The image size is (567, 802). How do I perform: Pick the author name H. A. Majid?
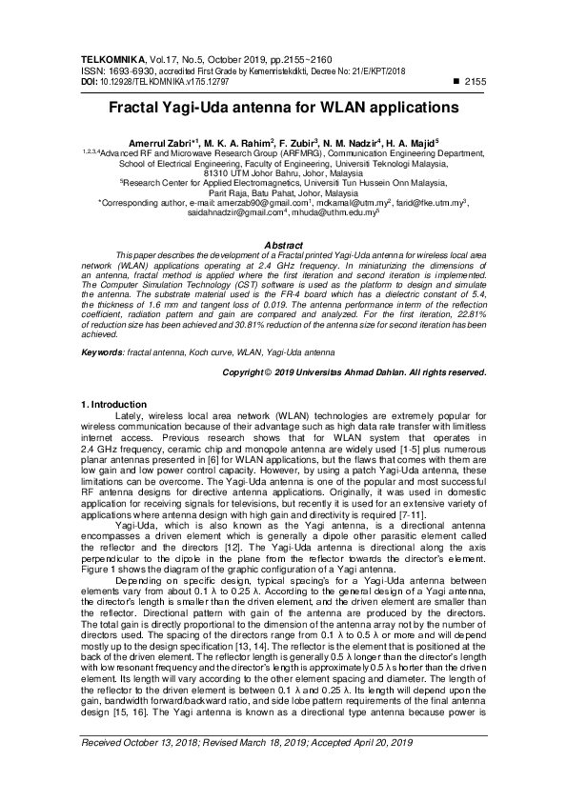409,142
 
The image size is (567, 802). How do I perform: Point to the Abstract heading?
283,246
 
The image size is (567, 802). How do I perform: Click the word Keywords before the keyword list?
103,352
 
